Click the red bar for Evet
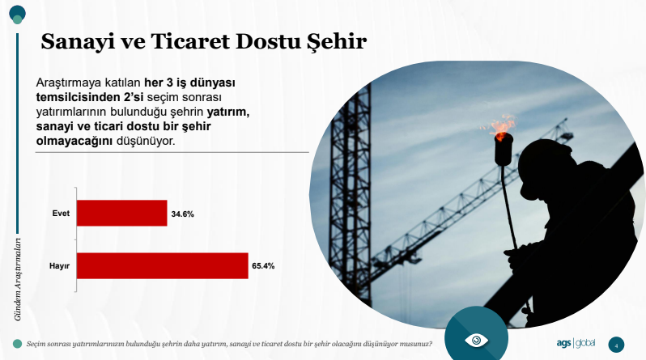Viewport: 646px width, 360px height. (x=122, y=213)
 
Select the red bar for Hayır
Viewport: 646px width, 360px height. (x=163, y=265)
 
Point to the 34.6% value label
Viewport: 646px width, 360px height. (x=182, y=214)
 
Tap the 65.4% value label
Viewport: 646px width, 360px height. (x=263, y=266)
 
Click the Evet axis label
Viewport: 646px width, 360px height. (x=61, y=214)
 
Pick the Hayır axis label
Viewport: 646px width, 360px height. (x=59, y=266)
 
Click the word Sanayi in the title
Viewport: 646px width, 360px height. (x=78, y=41)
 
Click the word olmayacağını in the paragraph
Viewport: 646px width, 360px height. (x=74, y=141)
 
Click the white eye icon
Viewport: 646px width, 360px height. (x=476, y=341)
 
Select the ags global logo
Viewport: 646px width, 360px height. (x=576, y=343)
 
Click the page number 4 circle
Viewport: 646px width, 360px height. (x=616, y=345)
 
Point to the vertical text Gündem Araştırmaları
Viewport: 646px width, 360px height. (x=17, y=279)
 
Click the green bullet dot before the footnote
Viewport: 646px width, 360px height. (x=17, y=344)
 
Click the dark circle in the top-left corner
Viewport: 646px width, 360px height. (x=17, y=12)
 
